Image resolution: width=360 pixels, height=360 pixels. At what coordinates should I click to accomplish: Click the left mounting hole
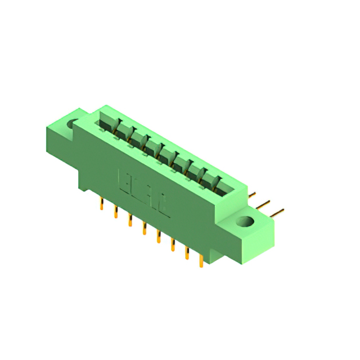click(72, 124)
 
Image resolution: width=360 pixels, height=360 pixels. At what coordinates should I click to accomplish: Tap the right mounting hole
click(245, 222)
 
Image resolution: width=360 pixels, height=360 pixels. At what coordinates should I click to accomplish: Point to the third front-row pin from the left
click(130, 219)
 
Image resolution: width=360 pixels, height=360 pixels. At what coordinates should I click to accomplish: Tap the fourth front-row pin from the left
click(144, 228)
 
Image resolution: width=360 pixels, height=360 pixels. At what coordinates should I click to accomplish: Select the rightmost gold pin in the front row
click(201, 260)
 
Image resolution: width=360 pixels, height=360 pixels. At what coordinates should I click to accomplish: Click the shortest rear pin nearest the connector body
click(253, 195)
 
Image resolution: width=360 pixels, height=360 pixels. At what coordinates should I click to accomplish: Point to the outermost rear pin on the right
click(277, 212)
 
